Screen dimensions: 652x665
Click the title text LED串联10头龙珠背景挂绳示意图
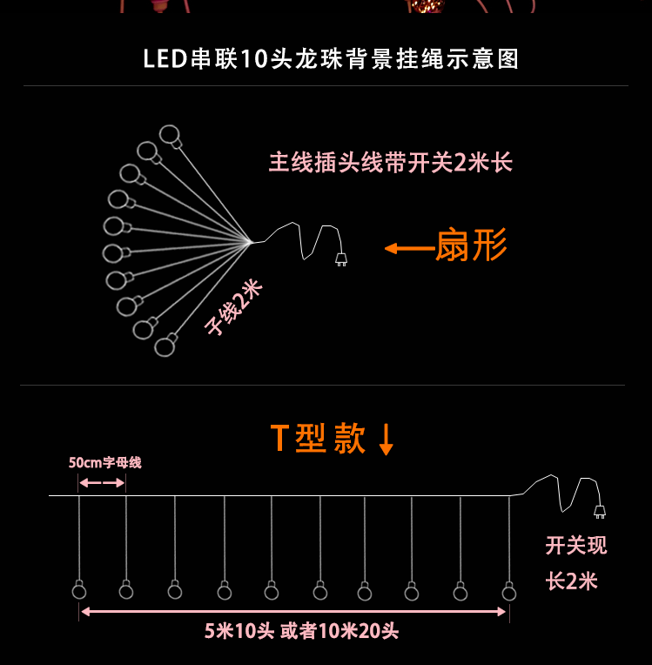pyautogui.click(x=331, y=59)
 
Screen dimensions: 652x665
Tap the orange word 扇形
pyautogui.click(x=470, y=246)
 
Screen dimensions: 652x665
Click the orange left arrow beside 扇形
pyautogui.click(x=408, y=249)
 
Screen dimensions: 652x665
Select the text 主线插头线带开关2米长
pyautogui.click(x=391, y=163)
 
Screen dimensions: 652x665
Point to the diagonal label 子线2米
pyautogui.click(x=233, y=308)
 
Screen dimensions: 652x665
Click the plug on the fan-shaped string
pyautogui.click(x=341, y=259)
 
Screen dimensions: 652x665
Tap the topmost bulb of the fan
pyautogui.click(x=169, y=134)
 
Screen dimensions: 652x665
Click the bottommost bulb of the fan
pyautogui.click(x=165, y=347)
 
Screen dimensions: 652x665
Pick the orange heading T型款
pyautogui.click(x=318, y=439)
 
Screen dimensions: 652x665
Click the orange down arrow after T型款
pyautogui.click(x=386, y=440)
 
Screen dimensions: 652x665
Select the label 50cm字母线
pyautogui.click(x=104, y=462)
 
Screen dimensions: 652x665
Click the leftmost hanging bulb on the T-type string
pyautogui.click(x=79, y=591)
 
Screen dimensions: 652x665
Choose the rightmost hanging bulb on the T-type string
pyautogui.click(x=509, y=592)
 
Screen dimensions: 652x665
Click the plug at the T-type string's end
pyautogui.click(x=599, y=511)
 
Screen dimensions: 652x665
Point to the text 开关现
pyautogui.click(x=575, y=546)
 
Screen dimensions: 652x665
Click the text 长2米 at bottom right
pyautogui.click(x=572, y=581)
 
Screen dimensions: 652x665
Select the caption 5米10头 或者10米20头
pyautogui.click(x=301, y=631)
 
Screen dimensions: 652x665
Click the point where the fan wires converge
pyautogui.click(x=250, y=242)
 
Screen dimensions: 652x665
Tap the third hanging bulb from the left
pyautogui.click(x=175, y=591)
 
